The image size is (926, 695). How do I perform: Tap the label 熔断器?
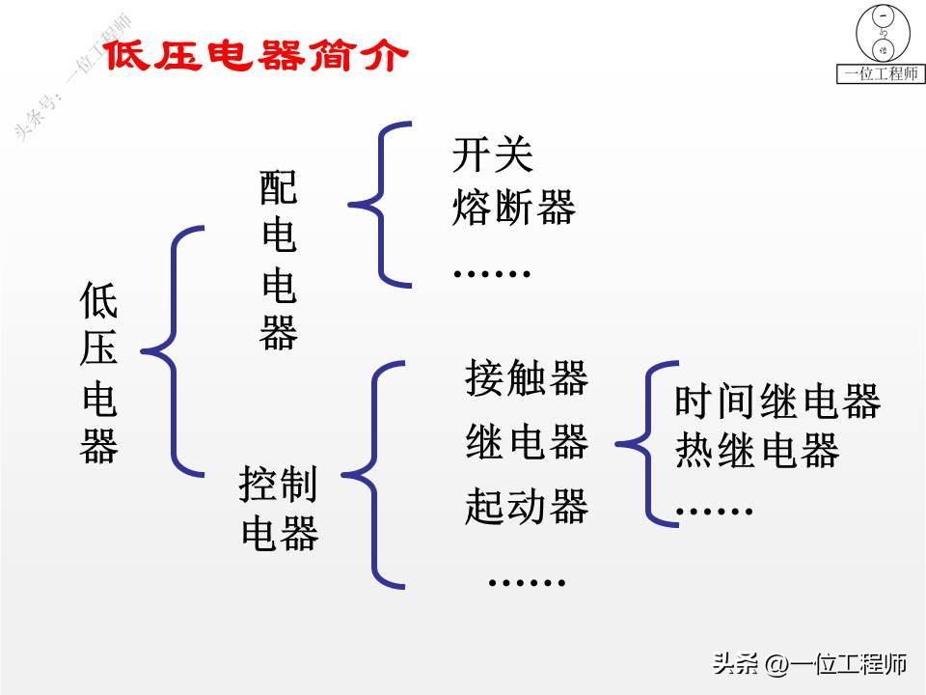[x=513, y=207]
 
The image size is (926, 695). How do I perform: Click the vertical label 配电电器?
[x=279, y=261]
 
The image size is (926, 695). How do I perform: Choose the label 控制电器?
[x=279, y=509]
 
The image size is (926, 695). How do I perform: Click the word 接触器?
[x=526, y=377]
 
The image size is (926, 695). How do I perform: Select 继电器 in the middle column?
[x=526, y=442]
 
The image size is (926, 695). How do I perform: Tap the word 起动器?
[x=526, y=506]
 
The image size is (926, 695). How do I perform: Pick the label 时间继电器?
[x=777, y=402]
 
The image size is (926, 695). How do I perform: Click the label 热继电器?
[x=756, y=451]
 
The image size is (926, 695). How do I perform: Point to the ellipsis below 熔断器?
[x=492, y=273]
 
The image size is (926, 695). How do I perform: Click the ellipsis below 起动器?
[x=527, y=581]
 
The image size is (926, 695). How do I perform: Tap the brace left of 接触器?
[x=374, y=474]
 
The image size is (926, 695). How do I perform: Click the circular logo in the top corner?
[x=881, y=35]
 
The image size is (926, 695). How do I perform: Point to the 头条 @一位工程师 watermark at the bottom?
[x=808, y=664]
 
